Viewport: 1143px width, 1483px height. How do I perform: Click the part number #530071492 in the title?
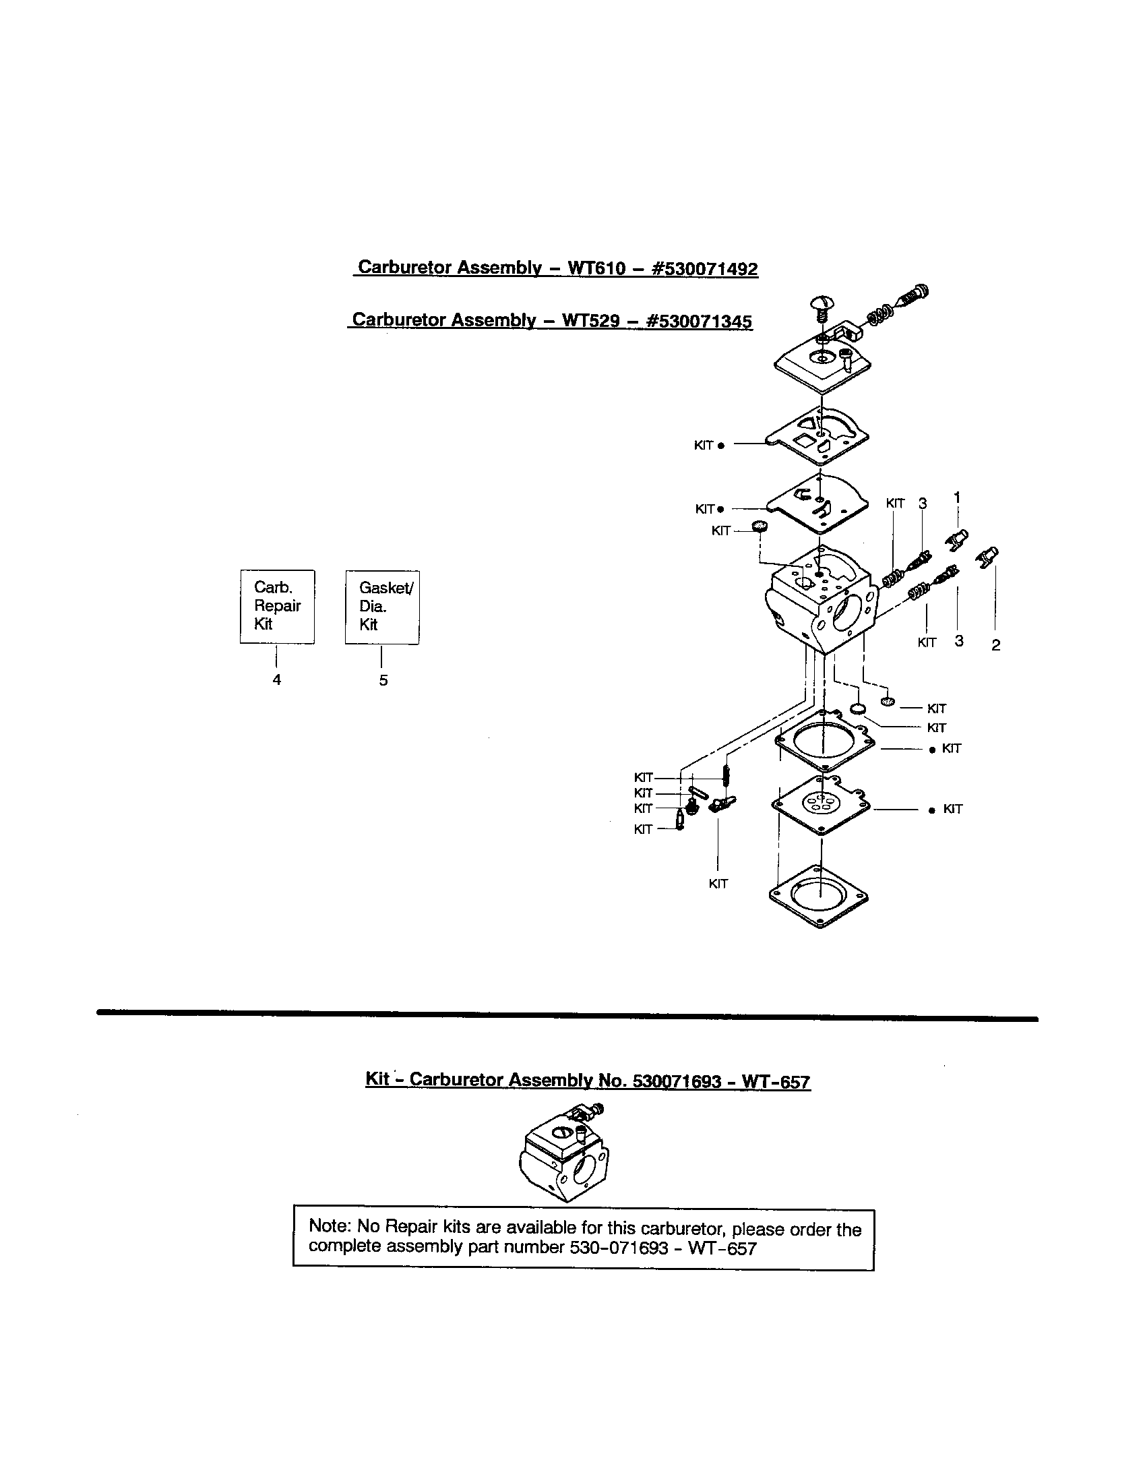(704, 269)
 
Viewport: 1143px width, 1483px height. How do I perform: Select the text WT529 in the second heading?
(591, 320)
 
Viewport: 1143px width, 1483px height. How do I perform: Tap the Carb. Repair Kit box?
(277, 607)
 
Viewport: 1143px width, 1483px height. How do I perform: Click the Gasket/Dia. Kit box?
(382, 607)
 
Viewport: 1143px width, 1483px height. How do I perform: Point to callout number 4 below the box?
(277, 679)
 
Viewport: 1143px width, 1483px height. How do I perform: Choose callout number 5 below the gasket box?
(383, 680)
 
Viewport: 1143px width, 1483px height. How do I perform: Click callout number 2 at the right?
(995, 645)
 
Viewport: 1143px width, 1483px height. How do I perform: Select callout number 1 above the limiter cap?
(957, 497)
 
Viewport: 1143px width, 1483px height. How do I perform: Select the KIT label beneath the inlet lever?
(718, 884)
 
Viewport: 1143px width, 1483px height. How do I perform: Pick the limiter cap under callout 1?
(957, 541)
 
